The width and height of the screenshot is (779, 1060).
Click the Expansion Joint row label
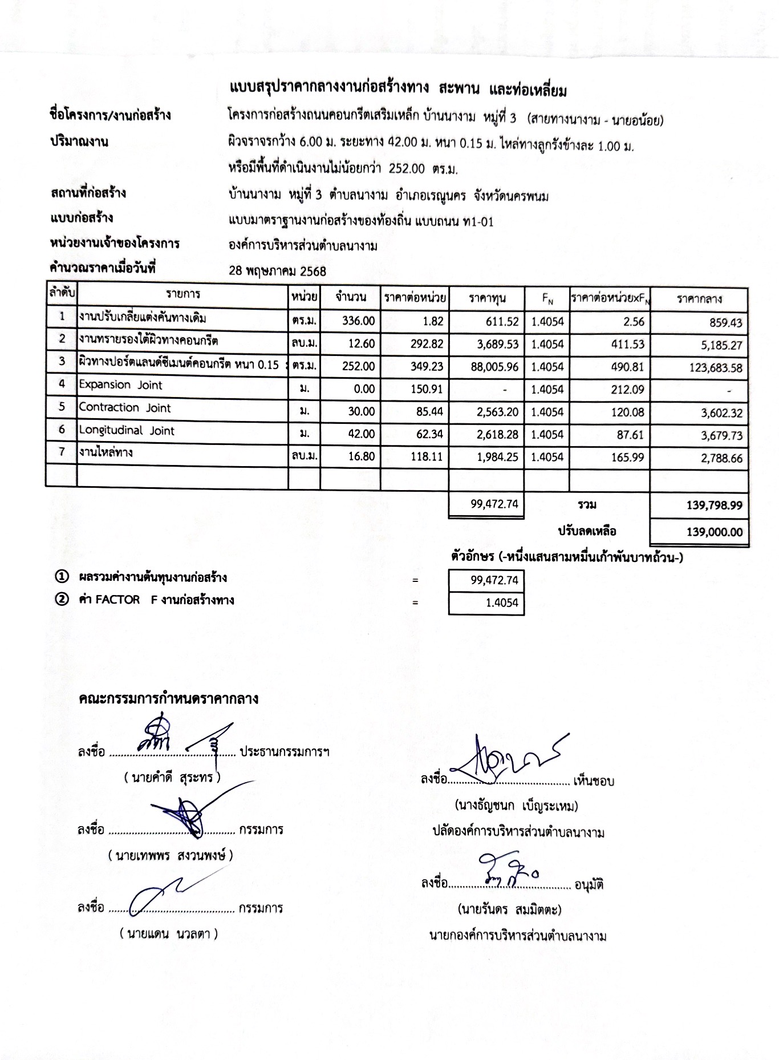coord(120,385)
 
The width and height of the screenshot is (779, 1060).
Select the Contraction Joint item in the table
coord(125,408)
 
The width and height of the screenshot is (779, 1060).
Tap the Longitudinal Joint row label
coord(127,431)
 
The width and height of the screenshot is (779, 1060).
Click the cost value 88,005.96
coord(494,367)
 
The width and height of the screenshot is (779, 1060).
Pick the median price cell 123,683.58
coord(716,368)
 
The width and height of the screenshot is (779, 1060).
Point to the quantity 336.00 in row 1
coord(358,321)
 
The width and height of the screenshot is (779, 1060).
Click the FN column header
coord(547,298)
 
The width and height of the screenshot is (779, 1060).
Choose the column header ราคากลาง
coord(699,298)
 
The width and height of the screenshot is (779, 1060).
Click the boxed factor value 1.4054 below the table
coord(502,603)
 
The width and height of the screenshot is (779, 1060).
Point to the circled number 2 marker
coord(61,600)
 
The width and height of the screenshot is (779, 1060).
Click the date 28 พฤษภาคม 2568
coord(277,271)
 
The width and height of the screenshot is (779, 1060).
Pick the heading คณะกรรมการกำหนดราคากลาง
coord(169,698)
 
